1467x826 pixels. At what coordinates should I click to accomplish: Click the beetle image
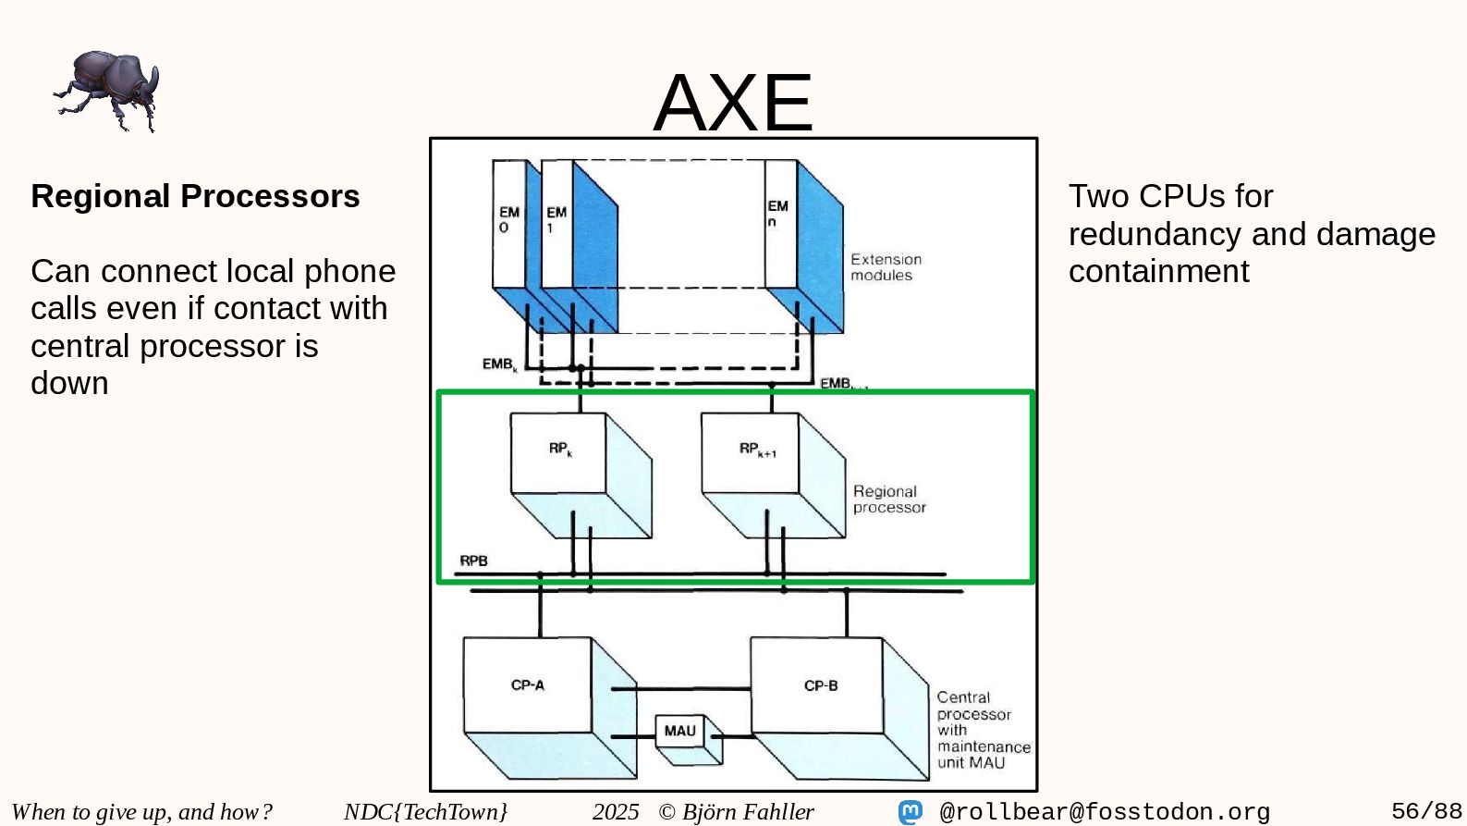[x=107, y=91]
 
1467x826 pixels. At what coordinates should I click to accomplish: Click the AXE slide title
[x=732, y=102]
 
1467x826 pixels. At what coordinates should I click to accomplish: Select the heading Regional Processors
[x=195, y=196]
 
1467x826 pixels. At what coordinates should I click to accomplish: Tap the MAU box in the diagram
[x=679, y=731]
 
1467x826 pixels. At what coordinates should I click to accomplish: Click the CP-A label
[x=528, y=685]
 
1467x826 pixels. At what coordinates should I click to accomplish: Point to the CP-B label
[x=821, y=685]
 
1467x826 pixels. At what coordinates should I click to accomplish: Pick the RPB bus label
[x=473, y=561]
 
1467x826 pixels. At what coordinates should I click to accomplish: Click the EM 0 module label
[x=508, y=219]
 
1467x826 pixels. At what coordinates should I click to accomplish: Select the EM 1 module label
[x=556, y=219]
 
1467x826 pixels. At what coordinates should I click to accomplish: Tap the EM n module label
[x=777, y=214]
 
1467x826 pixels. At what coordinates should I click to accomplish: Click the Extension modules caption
[x=886, y=267]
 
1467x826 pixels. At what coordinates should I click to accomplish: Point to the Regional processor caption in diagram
[x=888, y=499]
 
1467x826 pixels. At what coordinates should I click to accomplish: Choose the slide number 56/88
[x=1426, y=811]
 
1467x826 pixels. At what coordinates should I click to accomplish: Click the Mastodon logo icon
[x=911, y=812]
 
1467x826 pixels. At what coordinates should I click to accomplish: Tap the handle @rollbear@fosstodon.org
[x=1105, y=812]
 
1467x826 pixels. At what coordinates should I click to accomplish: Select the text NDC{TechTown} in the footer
[x=425, y=812]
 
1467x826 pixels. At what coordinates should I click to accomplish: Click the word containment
[x=1158, y=271]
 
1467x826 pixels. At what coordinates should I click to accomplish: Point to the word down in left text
[x=69, y=383]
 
